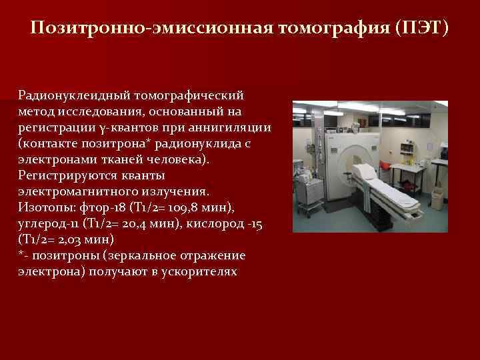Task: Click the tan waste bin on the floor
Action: (437, 199)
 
